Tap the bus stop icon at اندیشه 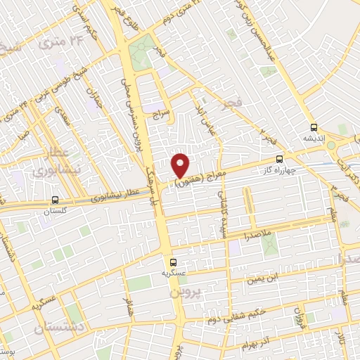click(314, 128)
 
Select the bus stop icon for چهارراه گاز click(280, 159)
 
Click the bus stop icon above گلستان click(55, 200)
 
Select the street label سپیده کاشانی click(224, 204)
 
